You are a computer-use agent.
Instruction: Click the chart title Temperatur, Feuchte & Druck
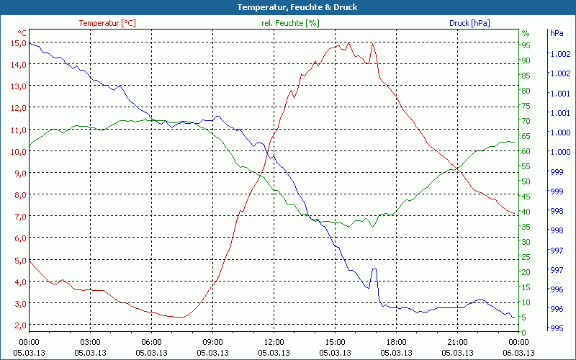click(287, 7)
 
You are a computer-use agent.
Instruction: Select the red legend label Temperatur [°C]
click(107, 23)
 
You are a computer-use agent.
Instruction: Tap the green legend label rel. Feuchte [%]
click(289, 23)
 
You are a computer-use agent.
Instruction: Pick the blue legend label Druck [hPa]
click(469, 23)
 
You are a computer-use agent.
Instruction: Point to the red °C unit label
click(22, 33)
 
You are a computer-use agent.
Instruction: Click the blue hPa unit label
click(556, 33)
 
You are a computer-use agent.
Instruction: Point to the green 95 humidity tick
click(526, 45)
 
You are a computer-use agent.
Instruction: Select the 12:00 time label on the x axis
click(274, 342)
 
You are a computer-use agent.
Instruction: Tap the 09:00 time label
click(213, 342)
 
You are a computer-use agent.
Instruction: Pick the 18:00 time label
click(397, 342)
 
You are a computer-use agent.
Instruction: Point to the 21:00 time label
click(458, 342)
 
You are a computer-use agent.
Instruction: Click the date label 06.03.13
click(519, 353)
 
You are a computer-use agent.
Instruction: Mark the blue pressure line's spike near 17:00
click(374, 269)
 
